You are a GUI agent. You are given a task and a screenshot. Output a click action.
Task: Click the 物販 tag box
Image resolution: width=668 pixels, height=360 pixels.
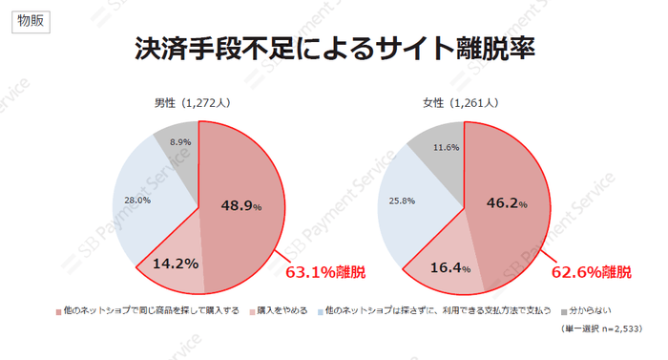pos(31,22)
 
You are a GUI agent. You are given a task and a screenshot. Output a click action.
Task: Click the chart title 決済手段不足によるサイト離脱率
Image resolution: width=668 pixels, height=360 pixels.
pos(334,51)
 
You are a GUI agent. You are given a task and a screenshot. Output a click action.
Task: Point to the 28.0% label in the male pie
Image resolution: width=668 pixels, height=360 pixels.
pos(138,201)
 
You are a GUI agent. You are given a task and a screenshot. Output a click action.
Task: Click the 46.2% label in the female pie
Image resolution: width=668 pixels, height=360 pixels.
pos(508,203)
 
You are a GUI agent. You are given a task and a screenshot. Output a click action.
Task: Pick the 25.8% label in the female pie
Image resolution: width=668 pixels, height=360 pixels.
pos(403,201)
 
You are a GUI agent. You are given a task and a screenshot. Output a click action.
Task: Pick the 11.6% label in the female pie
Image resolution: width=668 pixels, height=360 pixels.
pos(446,147)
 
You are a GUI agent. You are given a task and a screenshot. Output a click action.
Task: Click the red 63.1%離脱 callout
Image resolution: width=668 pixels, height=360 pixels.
pos(325,273)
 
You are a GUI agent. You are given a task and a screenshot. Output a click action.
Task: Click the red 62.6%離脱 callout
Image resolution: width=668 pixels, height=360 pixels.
pos(592,273)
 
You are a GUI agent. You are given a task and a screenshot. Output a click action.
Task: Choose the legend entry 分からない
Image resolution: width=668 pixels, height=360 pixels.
pos(589,310)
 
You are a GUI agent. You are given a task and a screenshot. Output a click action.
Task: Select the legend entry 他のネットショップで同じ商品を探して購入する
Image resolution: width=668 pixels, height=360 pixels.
pos(146,310)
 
